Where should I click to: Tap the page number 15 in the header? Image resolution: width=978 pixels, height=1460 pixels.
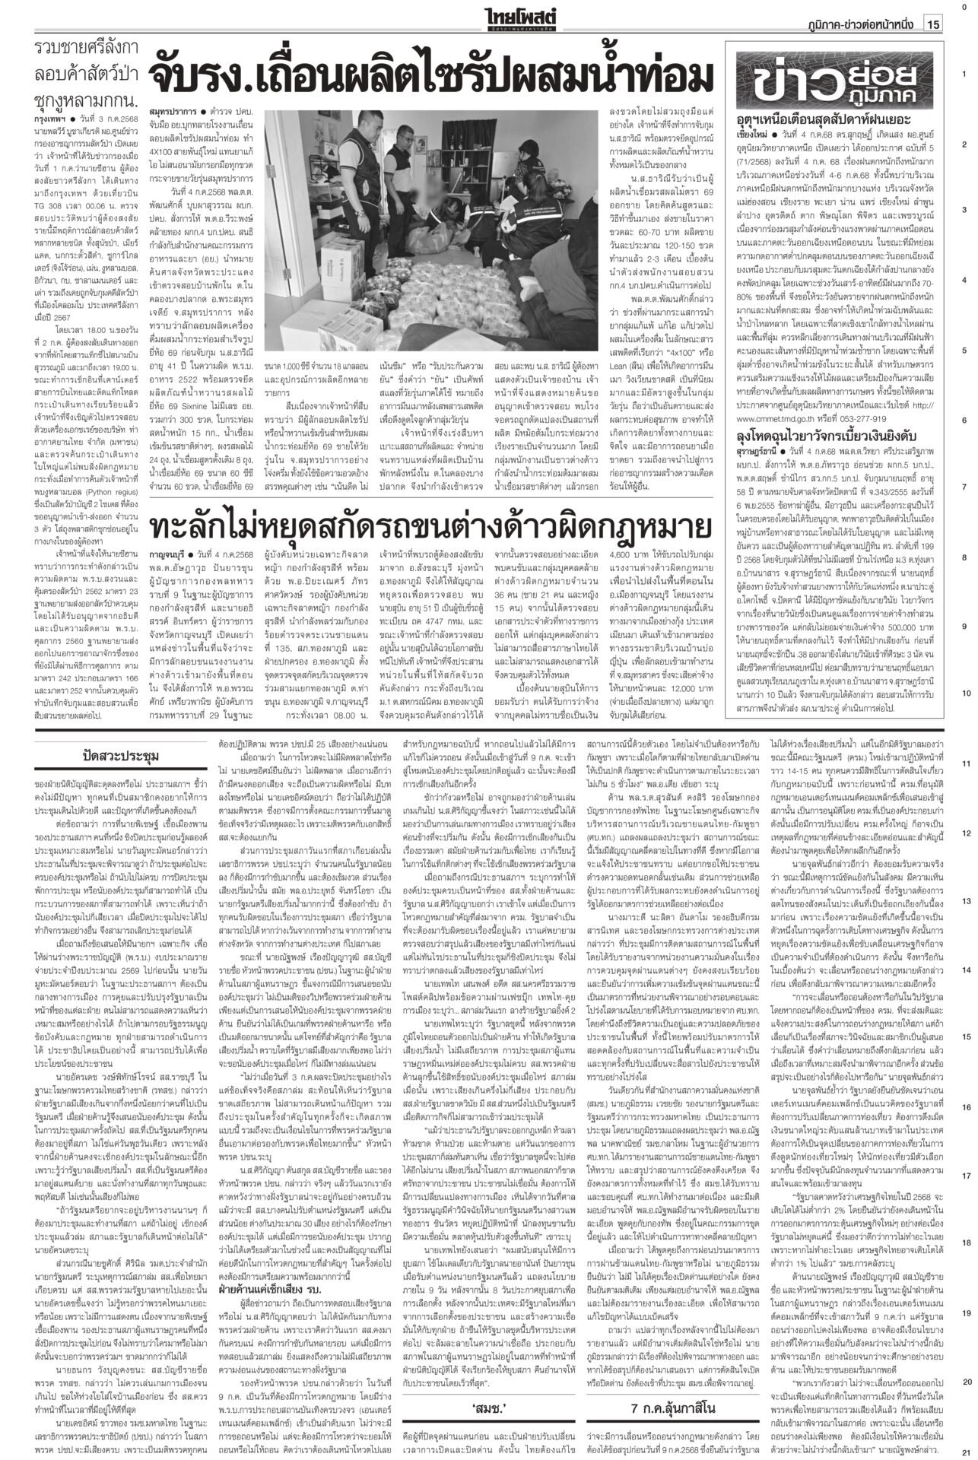pos(934,24)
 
